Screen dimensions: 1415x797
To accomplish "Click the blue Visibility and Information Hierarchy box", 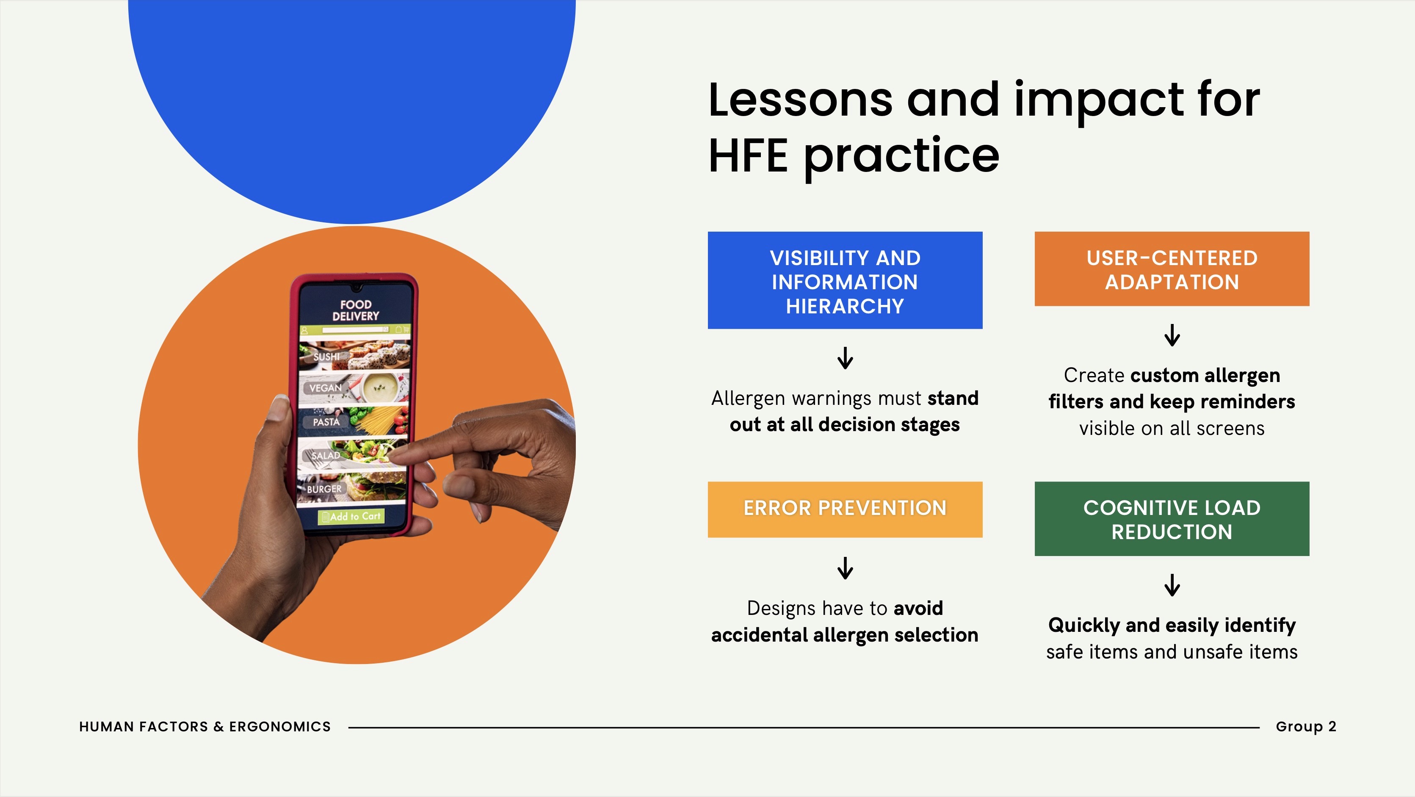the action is point(845,280).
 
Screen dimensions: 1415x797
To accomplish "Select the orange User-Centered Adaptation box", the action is point(1172,268).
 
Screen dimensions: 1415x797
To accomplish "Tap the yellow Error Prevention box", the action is point(845,509).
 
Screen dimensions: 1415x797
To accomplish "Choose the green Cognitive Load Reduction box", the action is point(1172,518).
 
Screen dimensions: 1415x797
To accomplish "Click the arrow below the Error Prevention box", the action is point(845,568).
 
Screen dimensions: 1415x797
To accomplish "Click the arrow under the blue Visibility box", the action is point(845,357).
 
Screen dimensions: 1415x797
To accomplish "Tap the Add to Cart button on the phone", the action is point(351,516).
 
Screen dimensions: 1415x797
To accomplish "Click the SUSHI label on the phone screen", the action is point(326,357).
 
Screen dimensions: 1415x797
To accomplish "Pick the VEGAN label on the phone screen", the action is point(325,388).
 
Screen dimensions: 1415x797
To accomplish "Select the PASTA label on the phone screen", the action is point(326,422).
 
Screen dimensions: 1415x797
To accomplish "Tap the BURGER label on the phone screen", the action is point(324,489).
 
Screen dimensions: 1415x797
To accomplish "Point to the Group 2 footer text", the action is point(1306,727).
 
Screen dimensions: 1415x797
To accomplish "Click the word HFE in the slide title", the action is point(748,155).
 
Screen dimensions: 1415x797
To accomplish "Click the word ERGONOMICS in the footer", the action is point(280,727).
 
